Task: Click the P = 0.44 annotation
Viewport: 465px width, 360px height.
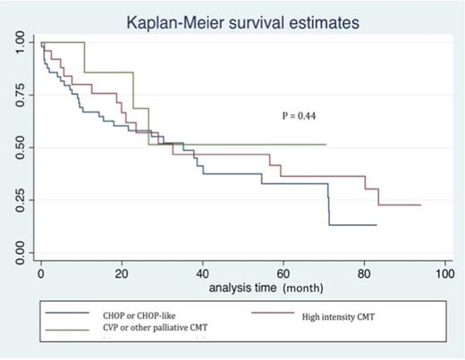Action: coord(296,114)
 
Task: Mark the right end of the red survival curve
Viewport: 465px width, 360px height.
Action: coord(420,205)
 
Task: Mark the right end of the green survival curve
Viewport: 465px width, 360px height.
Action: coord(326,144)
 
